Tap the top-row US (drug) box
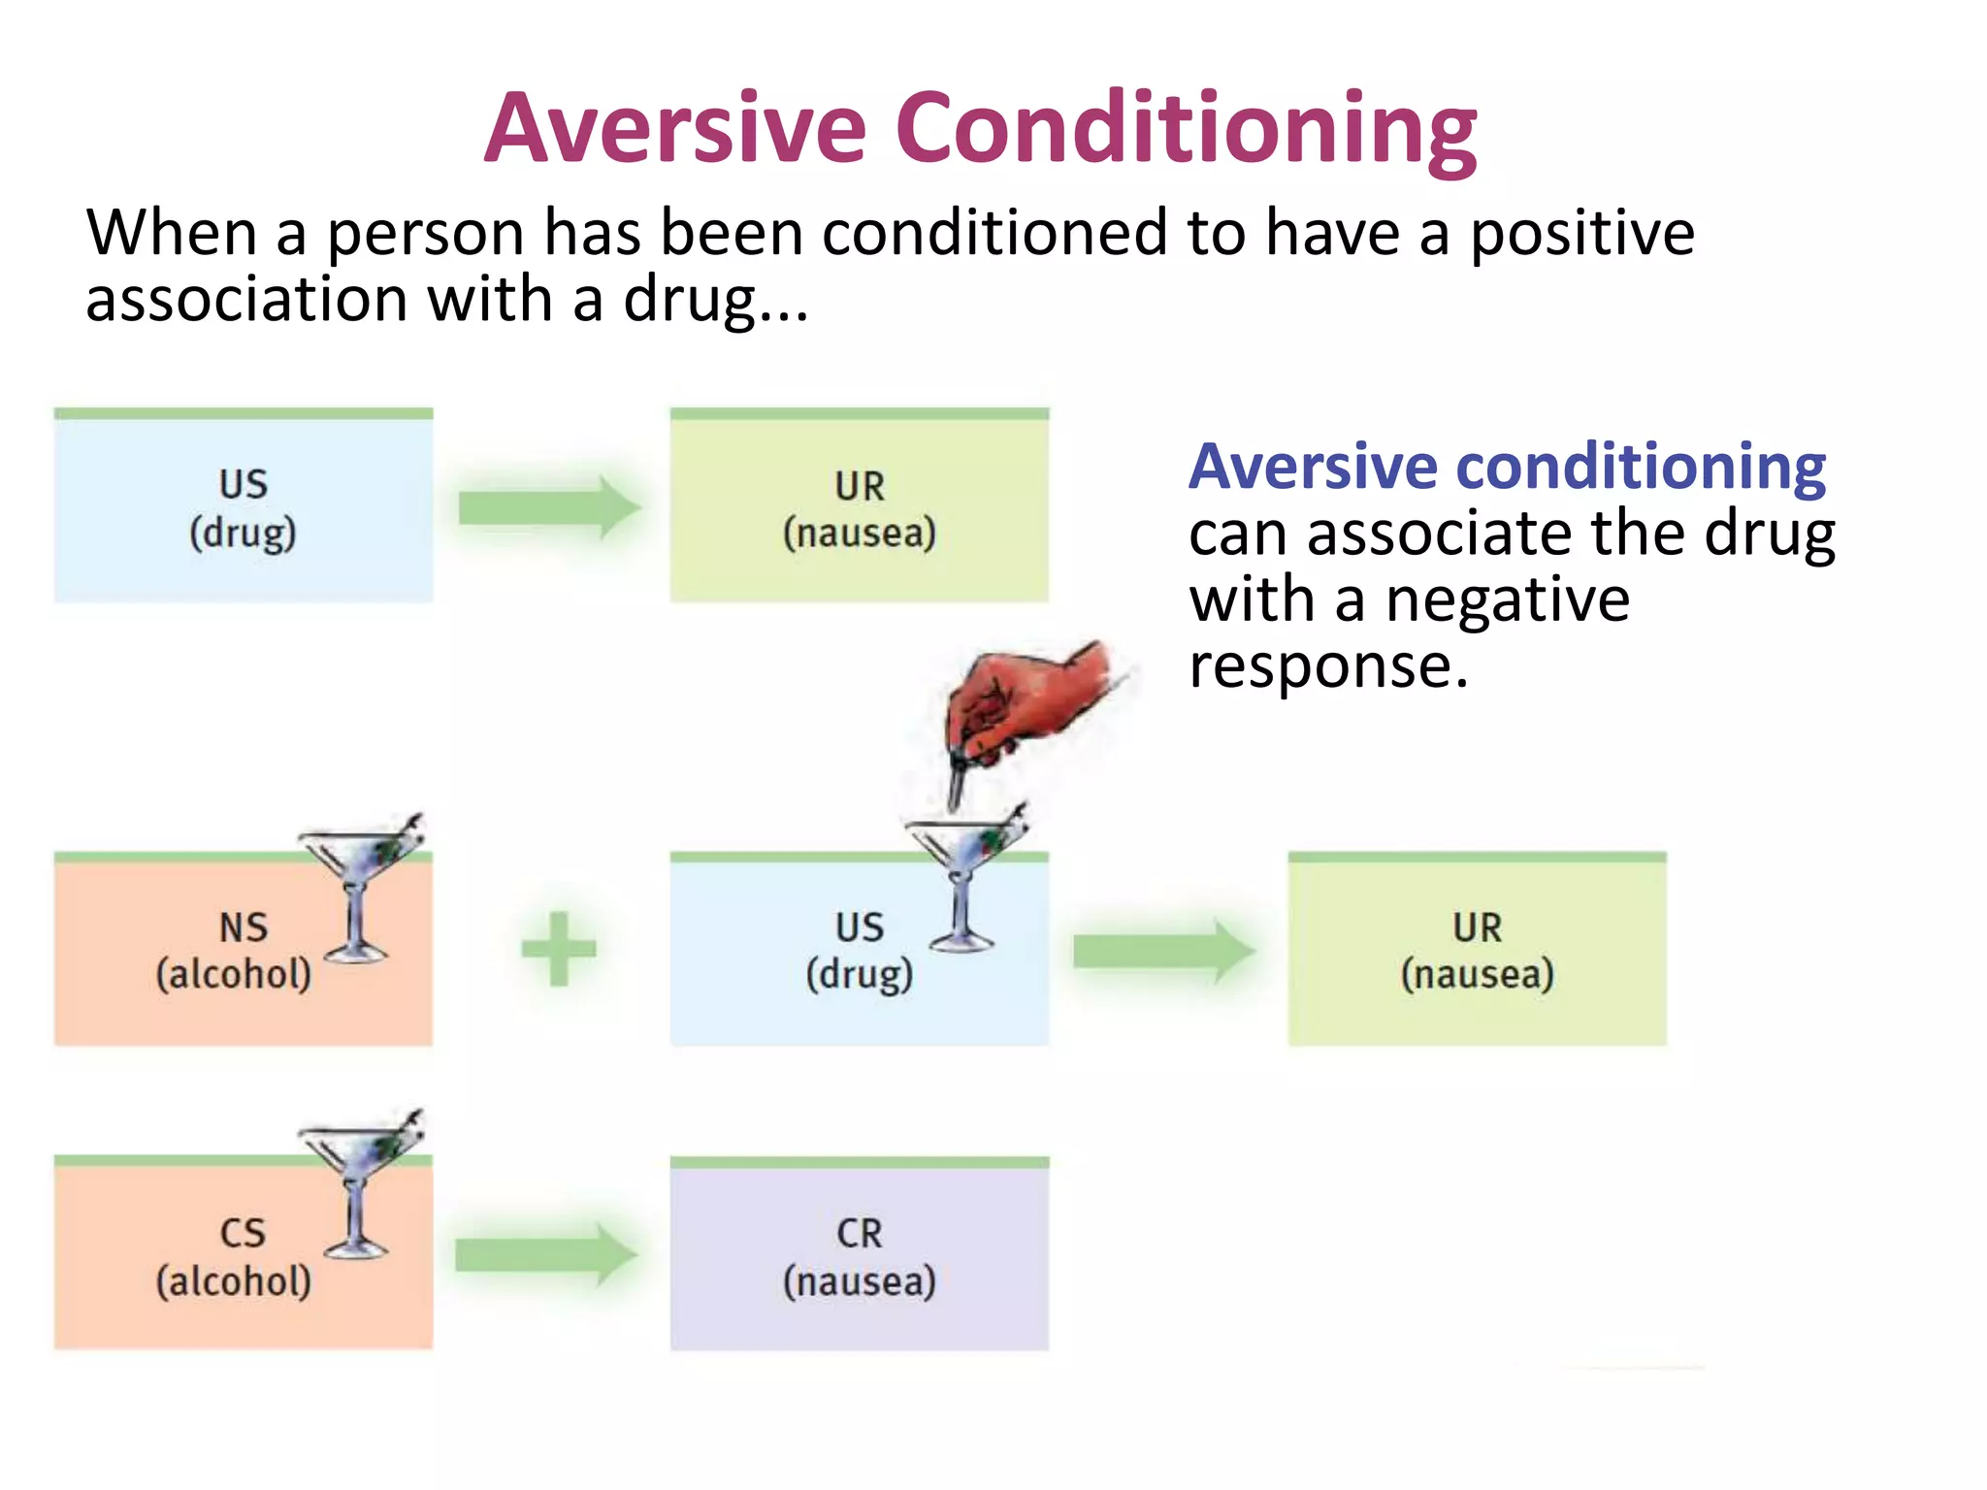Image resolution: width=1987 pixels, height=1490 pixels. (243, 507)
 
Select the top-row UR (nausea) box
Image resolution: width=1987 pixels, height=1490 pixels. (859, 507)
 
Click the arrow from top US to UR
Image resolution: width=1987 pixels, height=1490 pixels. (549, 506)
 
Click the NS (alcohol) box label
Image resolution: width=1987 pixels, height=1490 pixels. (235, 951)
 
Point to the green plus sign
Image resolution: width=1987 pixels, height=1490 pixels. (559, 949)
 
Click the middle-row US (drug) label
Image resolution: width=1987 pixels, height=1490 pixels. (860, 951)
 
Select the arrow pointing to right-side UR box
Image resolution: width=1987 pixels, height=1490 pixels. (1163, 951)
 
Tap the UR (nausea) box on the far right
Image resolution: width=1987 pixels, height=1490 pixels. (1477, 951)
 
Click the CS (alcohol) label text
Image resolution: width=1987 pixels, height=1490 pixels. (235, 1257)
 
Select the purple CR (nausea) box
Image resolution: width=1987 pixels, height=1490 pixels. (859, 1257)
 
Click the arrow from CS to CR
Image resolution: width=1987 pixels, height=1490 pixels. (546, 1255)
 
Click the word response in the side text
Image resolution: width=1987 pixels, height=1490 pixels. (1327, 667)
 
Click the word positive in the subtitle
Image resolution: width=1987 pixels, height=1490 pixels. (1581, 235)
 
